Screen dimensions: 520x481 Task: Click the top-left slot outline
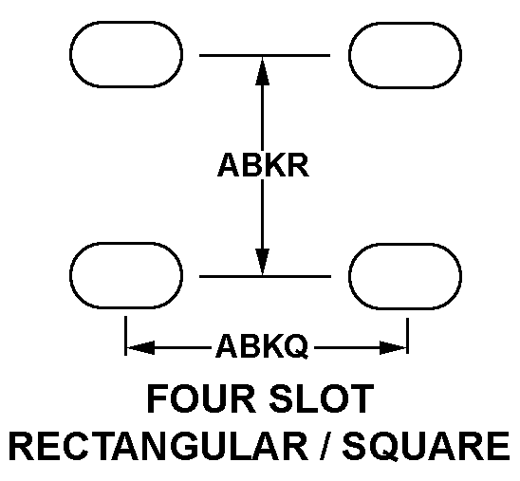(x=126, y=22)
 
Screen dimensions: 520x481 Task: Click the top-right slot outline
(x=405, y=23)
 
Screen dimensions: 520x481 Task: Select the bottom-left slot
(x=126, y=243)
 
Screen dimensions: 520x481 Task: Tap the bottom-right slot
(x=405, y=245)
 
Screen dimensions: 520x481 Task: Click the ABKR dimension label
(x=263, y=164)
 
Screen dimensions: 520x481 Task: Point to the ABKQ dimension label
(x=262, y=346)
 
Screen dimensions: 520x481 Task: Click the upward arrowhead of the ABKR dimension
(x=262, y=70)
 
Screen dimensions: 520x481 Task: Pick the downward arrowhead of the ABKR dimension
(x=262, y=262)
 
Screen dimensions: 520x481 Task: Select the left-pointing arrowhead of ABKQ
(x=140, y=348)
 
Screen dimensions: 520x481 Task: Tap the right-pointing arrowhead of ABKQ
(x=393, y=348)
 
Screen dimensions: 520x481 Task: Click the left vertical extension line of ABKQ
(x=125, y=336)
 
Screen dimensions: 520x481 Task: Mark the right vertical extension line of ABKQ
(x=408, y=336)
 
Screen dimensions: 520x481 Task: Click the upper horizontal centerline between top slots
(x=265, y=55)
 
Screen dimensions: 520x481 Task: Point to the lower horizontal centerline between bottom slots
(x=265, y=276)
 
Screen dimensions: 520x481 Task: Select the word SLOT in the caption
(x=322, y=398)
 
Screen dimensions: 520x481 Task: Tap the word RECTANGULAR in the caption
(x=158, y=445)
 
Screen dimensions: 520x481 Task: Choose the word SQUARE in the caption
(x=426, y=446)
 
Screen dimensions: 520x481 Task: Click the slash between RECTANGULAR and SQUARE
(x=325, y=445)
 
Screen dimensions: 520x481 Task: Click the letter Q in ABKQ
(x=295, y=346)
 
